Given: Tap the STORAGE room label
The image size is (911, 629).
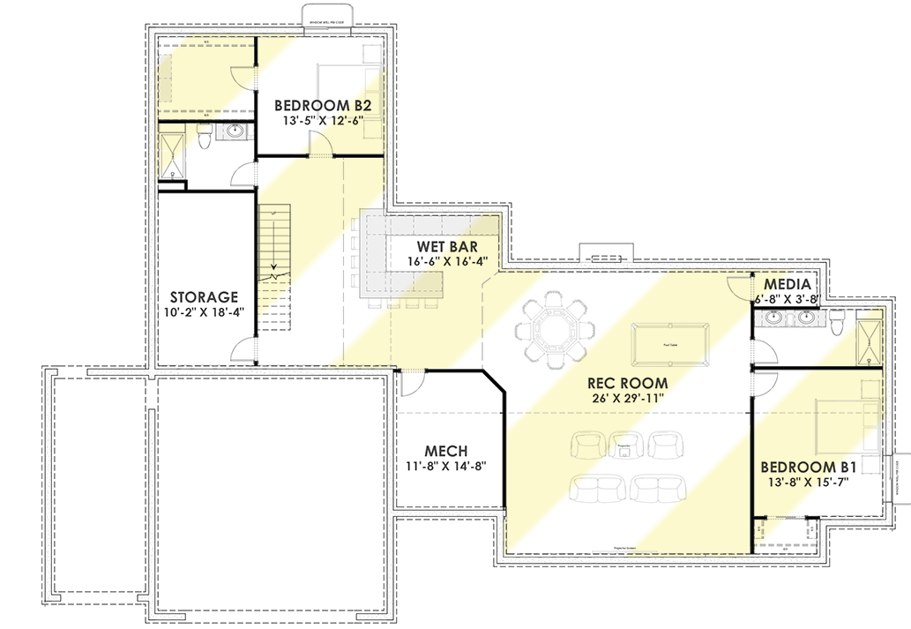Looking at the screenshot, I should (x=204, y=297).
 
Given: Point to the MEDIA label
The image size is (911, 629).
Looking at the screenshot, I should (x=788, y=284).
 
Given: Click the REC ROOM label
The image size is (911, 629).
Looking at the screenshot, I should (x=628, y=383).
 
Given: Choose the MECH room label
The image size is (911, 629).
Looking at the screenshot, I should (x=445, y=450).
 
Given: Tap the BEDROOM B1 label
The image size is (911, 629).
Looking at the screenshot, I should (x=809, y=466).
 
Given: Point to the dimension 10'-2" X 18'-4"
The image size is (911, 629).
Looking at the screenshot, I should (x=204, y=313).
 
